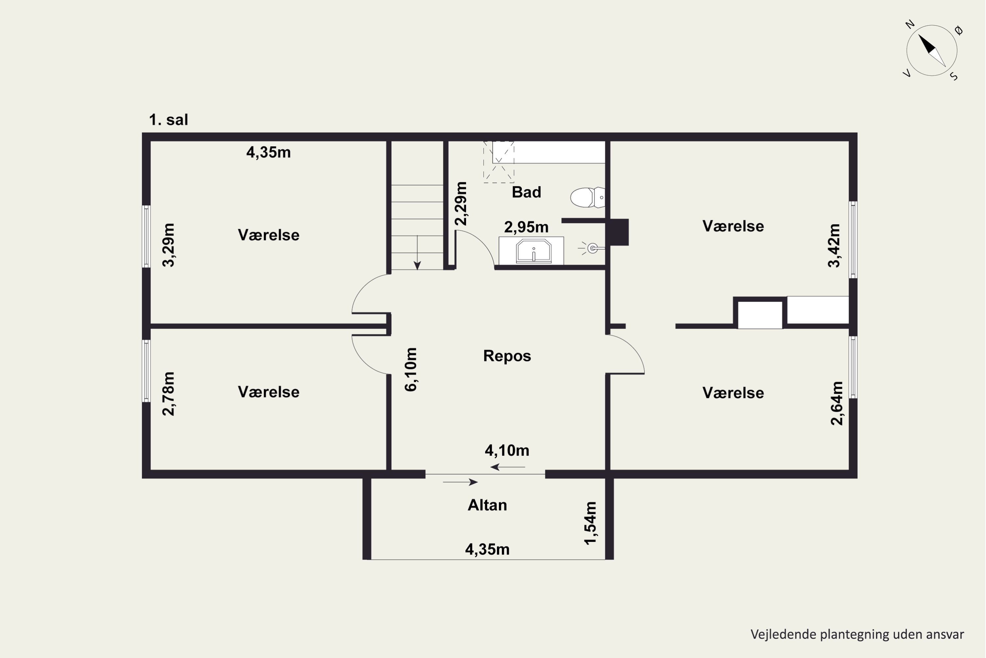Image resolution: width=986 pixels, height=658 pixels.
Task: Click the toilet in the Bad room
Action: (x=587, y=197)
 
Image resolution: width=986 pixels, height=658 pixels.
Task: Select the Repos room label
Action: (x=507, y=356)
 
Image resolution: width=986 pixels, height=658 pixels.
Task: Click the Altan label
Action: (x=487, y=505)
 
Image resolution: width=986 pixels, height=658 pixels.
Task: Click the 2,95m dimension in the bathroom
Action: (x=526, y=227)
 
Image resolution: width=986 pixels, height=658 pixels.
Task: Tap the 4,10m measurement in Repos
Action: (x=507, y=451)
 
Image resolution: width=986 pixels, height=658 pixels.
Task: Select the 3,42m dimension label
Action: (x=834, y=245)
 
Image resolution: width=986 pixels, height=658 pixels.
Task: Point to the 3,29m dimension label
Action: (x=169, y=245)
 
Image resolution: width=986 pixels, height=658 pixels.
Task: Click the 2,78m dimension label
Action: (x=169, y=393)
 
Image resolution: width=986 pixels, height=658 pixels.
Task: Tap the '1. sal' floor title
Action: (x=169, y=120)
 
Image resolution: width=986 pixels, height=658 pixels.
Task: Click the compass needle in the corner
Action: (x=932, y=50)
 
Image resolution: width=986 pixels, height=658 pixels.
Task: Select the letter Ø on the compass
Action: (x=959, y=30)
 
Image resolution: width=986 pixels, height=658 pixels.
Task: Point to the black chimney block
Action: (x=619, y=232)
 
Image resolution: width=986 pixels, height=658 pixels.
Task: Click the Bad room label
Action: (x=527, y=192)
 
